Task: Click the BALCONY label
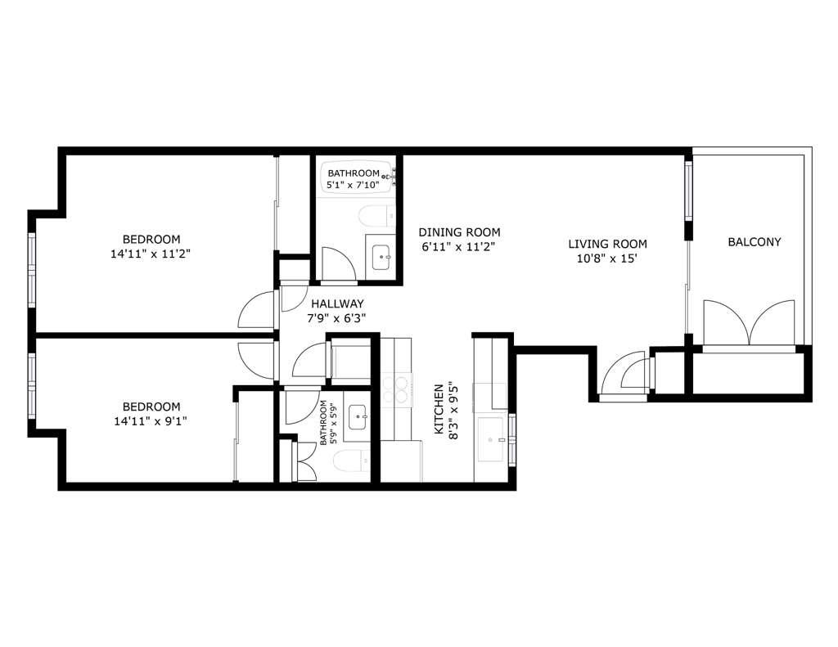[754, 242]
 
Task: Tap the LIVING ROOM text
[608, 244]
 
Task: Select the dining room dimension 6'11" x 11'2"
[458, 246]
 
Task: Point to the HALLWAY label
[325, 303]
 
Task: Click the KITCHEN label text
[439, 409]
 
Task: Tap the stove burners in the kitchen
[395, 389]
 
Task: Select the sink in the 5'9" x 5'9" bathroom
[358, 417]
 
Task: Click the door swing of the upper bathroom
[336, 262]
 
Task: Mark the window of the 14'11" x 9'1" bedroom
[32, 384]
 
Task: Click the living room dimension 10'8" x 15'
[608, 258]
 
